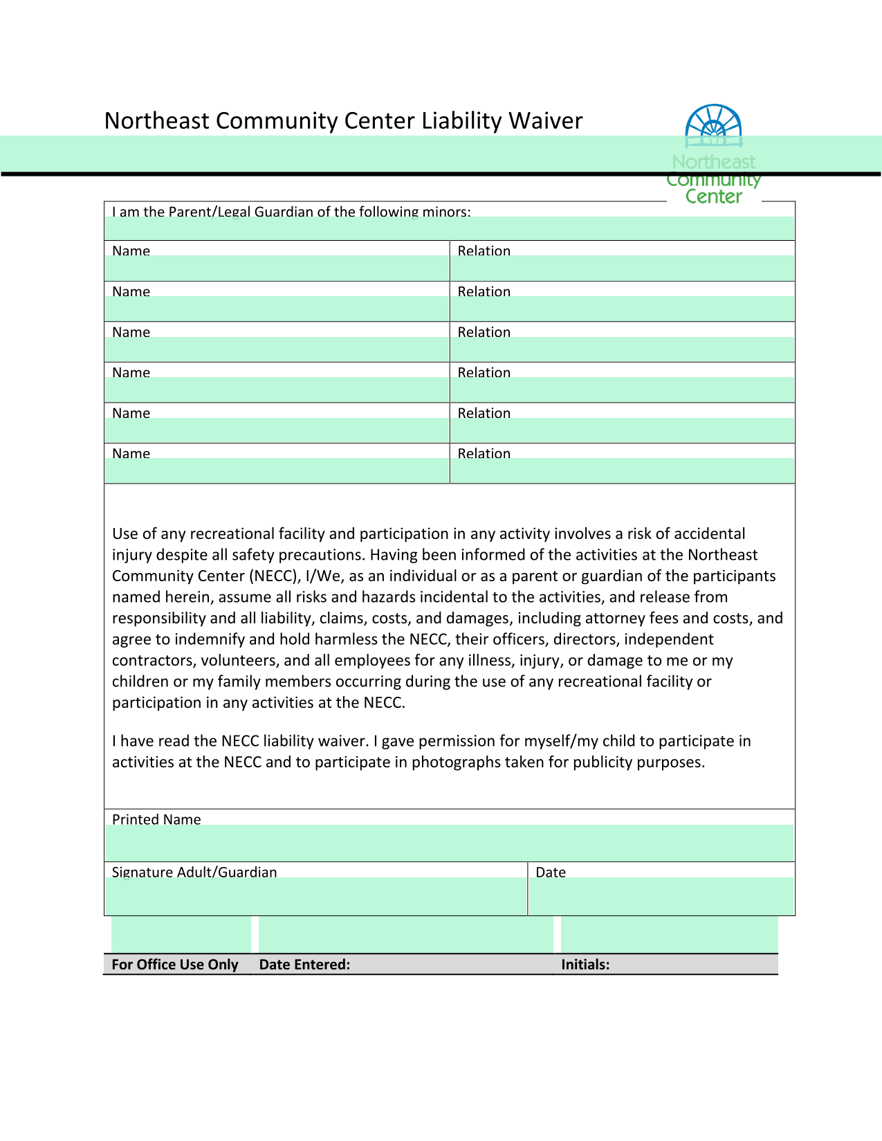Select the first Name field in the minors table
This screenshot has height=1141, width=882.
click(277, 268)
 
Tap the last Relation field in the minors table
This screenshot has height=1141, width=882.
click(622, 471)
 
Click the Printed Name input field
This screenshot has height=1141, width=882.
click(449, 842)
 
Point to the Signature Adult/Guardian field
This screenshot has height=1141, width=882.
click(315, 896)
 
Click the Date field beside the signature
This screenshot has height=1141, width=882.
click(661, 896)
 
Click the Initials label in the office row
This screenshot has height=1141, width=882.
click(585, 965)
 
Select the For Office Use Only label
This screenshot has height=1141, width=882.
click(175, 965)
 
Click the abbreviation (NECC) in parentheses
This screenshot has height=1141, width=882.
click(275, 576)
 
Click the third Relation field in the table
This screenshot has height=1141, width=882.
click(622, 349)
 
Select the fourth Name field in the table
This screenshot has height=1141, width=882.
click(277, 390)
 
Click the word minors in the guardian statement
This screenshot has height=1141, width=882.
click(446, 212)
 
